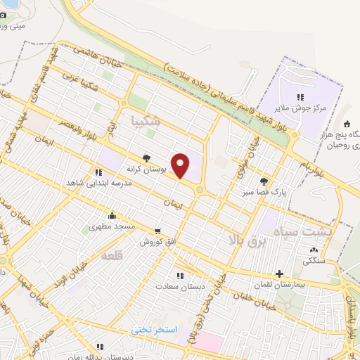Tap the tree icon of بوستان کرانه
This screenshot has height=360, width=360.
146,159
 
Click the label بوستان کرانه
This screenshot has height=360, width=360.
145,169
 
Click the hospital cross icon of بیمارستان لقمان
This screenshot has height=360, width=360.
280,274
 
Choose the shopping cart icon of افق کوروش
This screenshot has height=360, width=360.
157,231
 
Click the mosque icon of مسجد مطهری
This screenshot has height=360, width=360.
111,216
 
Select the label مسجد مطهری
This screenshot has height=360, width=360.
112,227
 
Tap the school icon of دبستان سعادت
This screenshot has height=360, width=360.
180,276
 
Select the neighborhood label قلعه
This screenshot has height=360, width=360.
112,255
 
